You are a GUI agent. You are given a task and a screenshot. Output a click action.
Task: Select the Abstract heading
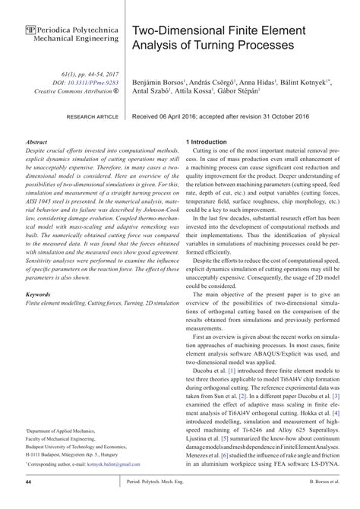[37, 142]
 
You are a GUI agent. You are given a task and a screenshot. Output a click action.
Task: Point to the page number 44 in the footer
[28, 503]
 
